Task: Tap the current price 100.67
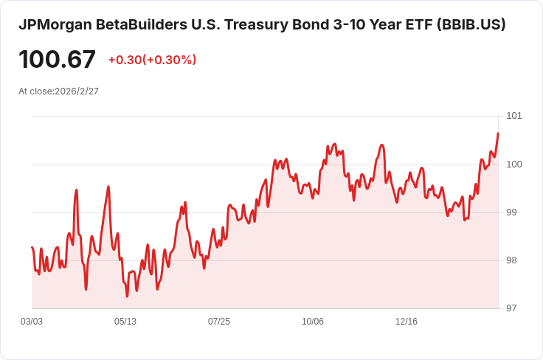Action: pos(57,60)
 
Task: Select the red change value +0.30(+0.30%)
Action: pos(152,60)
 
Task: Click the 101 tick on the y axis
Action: pos(513,116)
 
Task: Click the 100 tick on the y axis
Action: pos(513,164)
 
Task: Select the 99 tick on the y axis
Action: pos(511,212)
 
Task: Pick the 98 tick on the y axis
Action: pos(511,260)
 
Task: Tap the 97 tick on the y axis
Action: pos(511,308)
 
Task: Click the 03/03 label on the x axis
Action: pos(32,322)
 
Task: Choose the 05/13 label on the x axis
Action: pos(125,322)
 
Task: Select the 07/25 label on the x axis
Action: pos(219,322)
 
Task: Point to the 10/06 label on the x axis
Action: pos(313,322)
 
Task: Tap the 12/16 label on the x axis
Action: pos(407,322)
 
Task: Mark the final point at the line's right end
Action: pos(498,134)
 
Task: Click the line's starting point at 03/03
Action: pos(32,247)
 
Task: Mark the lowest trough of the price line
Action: pos(127,296)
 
